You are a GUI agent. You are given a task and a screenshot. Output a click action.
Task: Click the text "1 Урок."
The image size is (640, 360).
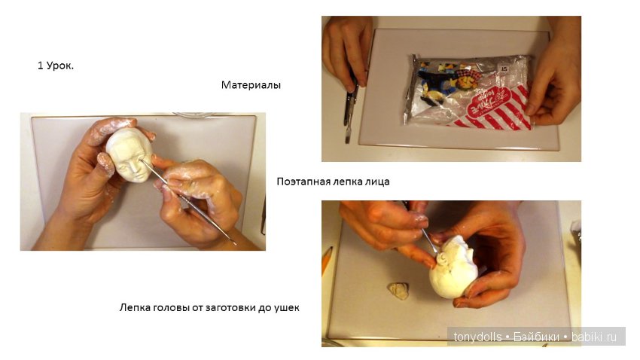[56, 66]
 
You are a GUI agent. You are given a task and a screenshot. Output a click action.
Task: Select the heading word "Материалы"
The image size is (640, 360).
[251, 85]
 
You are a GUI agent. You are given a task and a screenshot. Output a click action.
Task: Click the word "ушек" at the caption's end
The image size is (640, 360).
[286, 307]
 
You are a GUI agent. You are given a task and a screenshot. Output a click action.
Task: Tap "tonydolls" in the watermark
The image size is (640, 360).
[477, 337]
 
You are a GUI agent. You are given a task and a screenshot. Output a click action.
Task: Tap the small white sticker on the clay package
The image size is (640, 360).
[519, 66]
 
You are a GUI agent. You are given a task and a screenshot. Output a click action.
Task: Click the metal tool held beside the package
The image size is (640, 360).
[350, 105]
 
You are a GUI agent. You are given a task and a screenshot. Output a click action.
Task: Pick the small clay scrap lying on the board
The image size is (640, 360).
[398, 289]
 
